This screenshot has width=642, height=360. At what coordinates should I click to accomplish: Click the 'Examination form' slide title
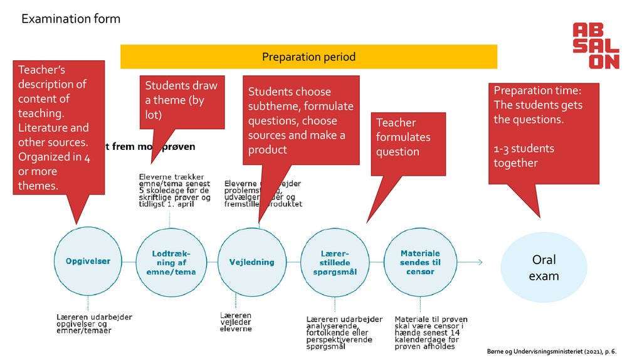[71, 19]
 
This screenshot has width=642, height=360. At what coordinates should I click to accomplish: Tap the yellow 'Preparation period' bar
[308, 57]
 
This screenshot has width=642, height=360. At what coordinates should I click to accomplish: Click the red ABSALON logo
[595, 46]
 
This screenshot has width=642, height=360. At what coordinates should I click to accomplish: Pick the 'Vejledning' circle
[251, 262]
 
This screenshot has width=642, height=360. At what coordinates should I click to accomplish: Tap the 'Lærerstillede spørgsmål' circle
[335, 262]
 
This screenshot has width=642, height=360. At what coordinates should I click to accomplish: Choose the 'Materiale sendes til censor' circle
[416, 262]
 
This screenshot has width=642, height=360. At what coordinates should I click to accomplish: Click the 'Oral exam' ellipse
[544, 268]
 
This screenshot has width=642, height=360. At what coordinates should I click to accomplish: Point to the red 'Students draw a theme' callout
[181, 100]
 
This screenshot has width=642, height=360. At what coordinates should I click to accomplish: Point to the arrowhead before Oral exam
[480, 262]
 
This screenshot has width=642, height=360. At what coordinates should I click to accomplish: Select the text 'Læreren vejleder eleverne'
[236, 322]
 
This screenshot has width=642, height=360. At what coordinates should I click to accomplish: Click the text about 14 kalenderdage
[429, 333]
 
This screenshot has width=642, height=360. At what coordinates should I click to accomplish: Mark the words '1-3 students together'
[524, 156]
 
